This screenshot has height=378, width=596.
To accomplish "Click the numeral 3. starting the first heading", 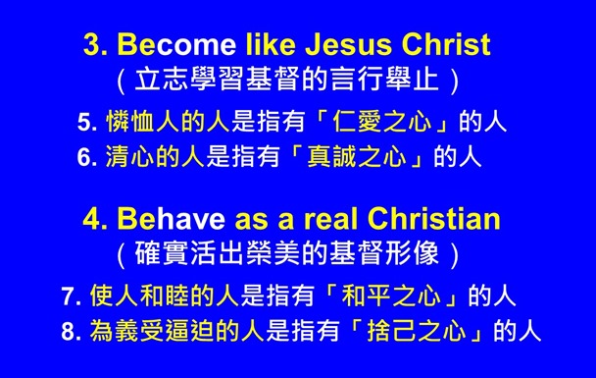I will [96, 45].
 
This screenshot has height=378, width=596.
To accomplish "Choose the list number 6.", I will [85, 157].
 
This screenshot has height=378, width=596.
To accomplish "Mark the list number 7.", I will [70, 296].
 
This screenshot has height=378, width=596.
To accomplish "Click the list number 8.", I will [70, 330].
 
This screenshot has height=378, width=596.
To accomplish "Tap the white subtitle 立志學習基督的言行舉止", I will [288, 79].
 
